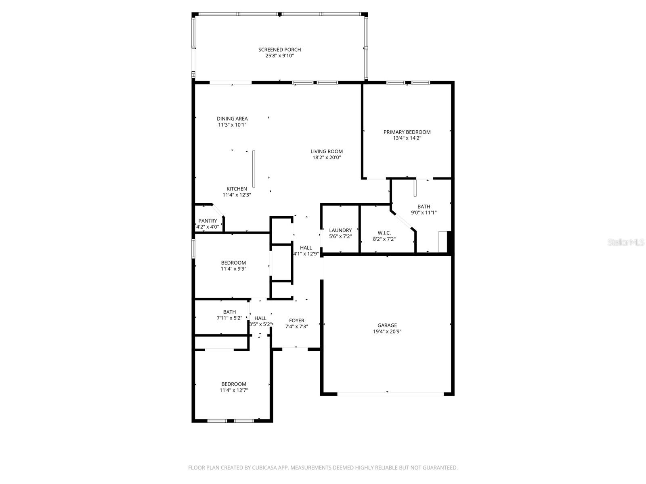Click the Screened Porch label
[279, 50]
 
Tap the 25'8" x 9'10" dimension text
[279, 56]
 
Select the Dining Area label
[232, 119]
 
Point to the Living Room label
[326, 151]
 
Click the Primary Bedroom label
[407, 132]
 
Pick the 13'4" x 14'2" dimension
[407, 138]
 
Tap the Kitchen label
[237, 189]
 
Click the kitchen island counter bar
[254, 169]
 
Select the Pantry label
[208, 221]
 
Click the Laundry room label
[340, 230]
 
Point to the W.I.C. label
[384, 233]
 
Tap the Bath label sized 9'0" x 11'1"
[424, 207]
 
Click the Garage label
[387, 325]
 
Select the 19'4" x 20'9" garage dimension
[387, 332]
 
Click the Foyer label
[296, 321]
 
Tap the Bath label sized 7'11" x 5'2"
[229, 312]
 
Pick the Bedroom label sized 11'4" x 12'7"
[233, 384]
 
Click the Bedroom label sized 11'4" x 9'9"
[233, 263]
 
